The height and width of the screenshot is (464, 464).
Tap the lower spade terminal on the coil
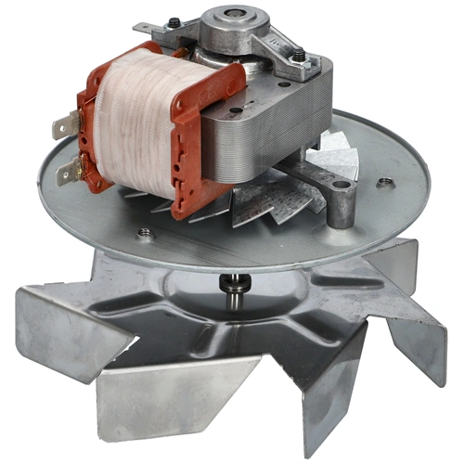click(x=68, y=169)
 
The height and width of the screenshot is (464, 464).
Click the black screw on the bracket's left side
click(x=175, y=23)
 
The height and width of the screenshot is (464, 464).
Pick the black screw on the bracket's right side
click(x=302, y=58)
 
